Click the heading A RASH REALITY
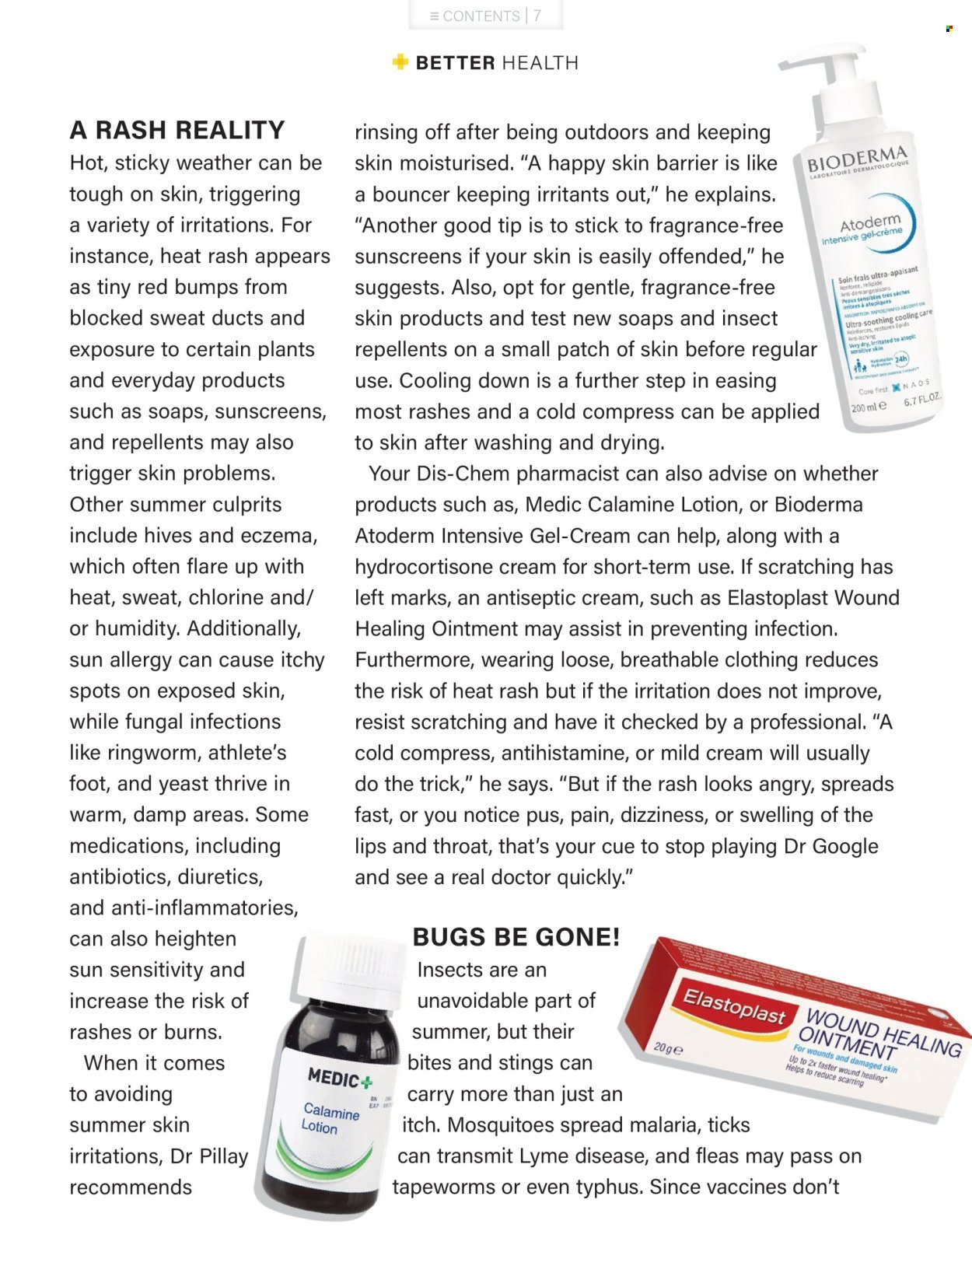[x=177, y=130]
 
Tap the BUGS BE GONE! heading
[x=516, y=937]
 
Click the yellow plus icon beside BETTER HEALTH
[x=400, y=62]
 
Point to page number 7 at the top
[x=537, y=16]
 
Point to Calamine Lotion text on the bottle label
[x=331, y=1118]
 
